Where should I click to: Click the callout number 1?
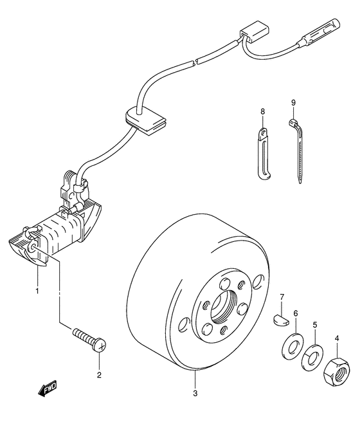37,291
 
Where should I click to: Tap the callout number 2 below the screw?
99,374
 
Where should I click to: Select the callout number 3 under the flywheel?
195,393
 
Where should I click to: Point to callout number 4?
337,338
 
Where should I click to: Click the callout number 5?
315,325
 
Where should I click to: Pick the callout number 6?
296,313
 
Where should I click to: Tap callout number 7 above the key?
282,297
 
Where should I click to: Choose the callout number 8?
263,111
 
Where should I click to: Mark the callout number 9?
293,102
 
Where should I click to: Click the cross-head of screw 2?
100,345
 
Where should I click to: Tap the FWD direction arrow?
47,389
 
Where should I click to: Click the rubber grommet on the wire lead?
145,120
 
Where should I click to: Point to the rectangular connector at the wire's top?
255,33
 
